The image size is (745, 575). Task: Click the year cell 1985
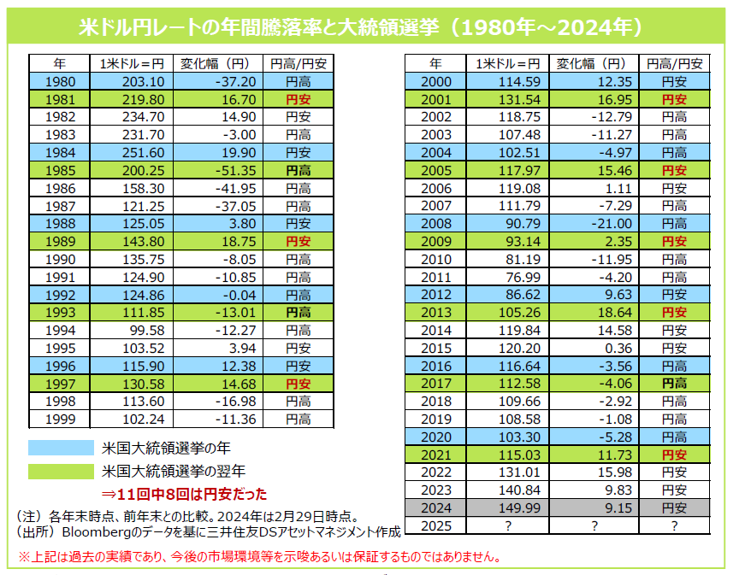58,171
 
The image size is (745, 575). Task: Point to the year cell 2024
436,508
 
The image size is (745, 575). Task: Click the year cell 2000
436,81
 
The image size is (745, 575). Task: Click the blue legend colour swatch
60,448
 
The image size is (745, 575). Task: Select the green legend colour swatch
60,471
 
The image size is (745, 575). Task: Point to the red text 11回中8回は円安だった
185,494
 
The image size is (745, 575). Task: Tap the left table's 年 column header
58,63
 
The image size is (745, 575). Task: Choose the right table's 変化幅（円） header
590,63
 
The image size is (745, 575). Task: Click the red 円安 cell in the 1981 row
298,99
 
